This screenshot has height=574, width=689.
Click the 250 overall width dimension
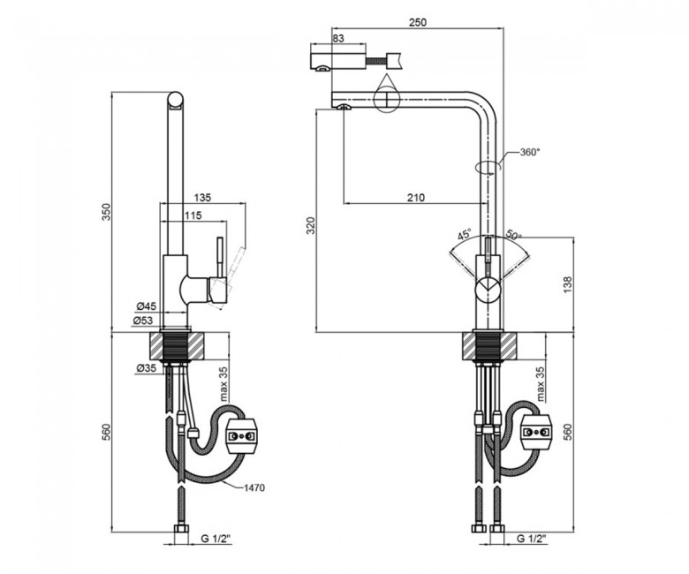point(418,22)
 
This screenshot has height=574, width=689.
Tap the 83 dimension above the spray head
point(338,38)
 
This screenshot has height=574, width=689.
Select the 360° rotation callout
point(530,153)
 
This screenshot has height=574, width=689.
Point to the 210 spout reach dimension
point(416,198)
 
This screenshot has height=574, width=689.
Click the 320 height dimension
point(311,225)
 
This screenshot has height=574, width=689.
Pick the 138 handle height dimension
point(567,284)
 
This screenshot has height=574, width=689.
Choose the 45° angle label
point(464,234)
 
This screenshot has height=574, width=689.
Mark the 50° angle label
point(513,235)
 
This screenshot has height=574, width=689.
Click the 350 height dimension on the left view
point(107,212)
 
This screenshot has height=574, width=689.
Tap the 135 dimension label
point(202,198)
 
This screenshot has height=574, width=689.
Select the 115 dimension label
point(193,215)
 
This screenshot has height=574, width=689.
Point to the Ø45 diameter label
point(147,306)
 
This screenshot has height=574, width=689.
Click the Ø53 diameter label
point(143,321)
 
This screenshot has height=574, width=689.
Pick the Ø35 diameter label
point(147,368)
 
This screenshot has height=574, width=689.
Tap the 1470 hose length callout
point(254,488)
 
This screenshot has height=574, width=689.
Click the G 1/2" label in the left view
point(216,539)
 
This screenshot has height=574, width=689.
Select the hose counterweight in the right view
point(535,433)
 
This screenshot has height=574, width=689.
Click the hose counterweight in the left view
point(241,436)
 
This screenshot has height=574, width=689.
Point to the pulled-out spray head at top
point(338,62)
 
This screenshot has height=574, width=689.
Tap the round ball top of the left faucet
point(175,100)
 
